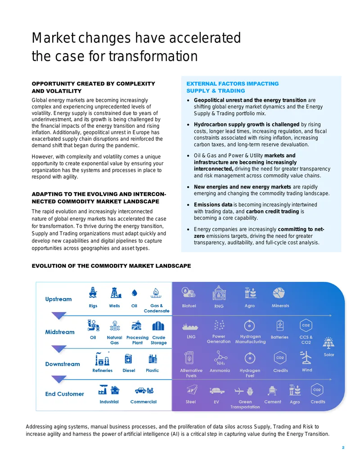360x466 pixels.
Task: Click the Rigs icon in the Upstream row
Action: pos(93,293)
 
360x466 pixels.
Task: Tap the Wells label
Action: pos(114,306)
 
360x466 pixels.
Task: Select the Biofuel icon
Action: pos(189,293)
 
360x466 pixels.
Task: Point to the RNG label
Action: pos(219,306)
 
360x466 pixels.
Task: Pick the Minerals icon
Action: pos(279,293)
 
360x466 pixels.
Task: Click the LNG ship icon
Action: pos(190,327)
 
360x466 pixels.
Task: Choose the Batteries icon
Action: pos(280,326)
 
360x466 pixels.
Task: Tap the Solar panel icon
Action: pos(328,343)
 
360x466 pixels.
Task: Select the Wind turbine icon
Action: pos(306,357)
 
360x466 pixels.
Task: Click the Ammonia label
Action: pos(220,370)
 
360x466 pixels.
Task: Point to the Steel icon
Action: pos(192,389)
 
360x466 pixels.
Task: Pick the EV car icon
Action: pos(217,390)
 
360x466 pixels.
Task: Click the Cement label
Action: pos(273,402)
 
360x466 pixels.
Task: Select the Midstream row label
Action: pos(60,332)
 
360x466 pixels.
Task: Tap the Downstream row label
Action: pos(63,364)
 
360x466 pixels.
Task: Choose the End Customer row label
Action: pos(64,394)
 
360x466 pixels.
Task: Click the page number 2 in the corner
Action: pos(343,448)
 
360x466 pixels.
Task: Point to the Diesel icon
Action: pos(128,359)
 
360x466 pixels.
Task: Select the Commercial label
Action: pos(144,402)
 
